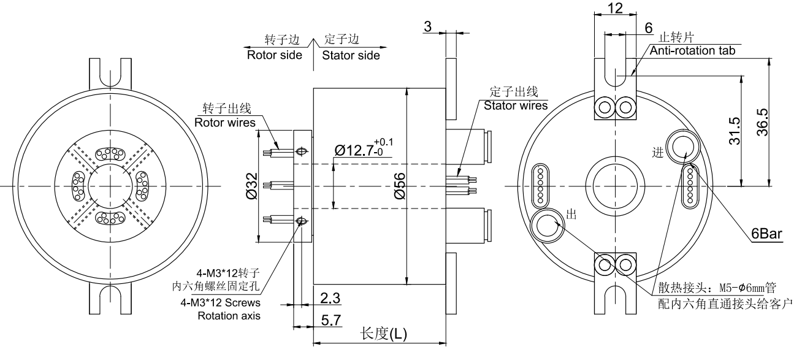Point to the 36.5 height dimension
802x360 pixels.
pos(779,120)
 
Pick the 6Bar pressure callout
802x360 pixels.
pos(766,234)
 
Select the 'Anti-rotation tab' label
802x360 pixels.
pos(692,51)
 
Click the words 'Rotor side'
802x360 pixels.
pos(274,55)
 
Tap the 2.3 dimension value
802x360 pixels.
pos(330,298)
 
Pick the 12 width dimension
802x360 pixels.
pos(614,9)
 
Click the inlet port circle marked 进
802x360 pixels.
pos(682,147)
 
